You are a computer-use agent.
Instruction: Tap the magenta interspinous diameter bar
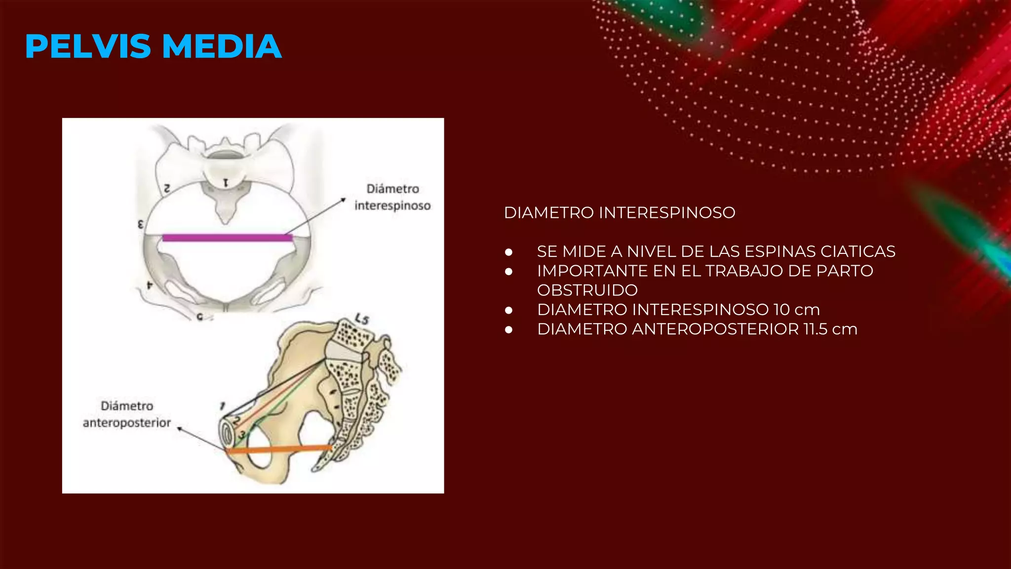(x=227, y=238)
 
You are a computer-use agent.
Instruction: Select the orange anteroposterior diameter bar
(x=279, y=449)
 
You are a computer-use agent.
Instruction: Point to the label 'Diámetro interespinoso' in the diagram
(x=392, y=197)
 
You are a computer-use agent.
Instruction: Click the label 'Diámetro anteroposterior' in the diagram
(x=127, y=414)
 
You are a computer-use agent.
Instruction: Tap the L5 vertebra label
(x=362, y=319)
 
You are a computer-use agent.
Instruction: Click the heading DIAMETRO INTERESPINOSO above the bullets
(x=620, y=213)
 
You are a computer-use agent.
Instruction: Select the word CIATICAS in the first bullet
(x=857, y=251)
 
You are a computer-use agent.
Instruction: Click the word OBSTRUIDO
(x=587, y=290)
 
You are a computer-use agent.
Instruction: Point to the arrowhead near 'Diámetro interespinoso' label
(x=343, y=200)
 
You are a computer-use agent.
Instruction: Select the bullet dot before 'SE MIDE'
(x=509, y=252)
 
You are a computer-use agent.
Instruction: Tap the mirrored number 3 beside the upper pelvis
(x=141, y=225)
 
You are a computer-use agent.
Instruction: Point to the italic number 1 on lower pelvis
(x=222, y=406)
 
